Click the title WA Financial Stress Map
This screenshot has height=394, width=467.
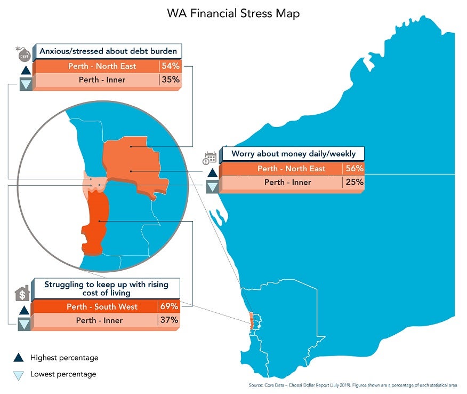pyautogui.click(x=233, y=13)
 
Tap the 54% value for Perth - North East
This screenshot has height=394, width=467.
pyautogui.click(x=170, y=66)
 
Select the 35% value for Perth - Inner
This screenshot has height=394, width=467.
pyautogui.click(x=170, y=80)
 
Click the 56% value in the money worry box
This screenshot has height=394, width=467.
pyautogui.click(x=354, y=168)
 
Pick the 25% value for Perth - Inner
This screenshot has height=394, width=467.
pyautogui.click(x=354, y=182)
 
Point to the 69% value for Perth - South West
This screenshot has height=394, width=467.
pyautogui.click(x=169, y=306)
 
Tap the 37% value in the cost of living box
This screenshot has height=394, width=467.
pyautogui.click(x=169, y=320)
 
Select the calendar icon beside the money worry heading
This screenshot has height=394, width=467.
pyautogui.click(x=211, y=157)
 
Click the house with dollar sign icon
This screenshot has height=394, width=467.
pyautogui.click(x=22, y=294)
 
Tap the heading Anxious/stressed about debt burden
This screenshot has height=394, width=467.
pyautogui.click(x=108, y=52)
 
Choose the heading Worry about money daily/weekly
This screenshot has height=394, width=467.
pyautogui.click(x=293, y=154)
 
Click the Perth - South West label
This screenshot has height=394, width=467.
pyautogui.click(x=102, y=307)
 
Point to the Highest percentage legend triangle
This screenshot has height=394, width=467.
pyautogui.click(x=19, y=358)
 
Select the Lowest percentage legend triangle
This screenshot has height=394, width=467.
pyautogui.click(x=19, y=375)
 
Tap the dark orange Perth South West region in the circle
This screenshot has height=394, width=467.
pyautogui.click(x=95, y=222)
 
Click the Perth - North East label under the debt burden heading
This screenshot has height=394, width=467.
pyautogui.click(x=102, y=66)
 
